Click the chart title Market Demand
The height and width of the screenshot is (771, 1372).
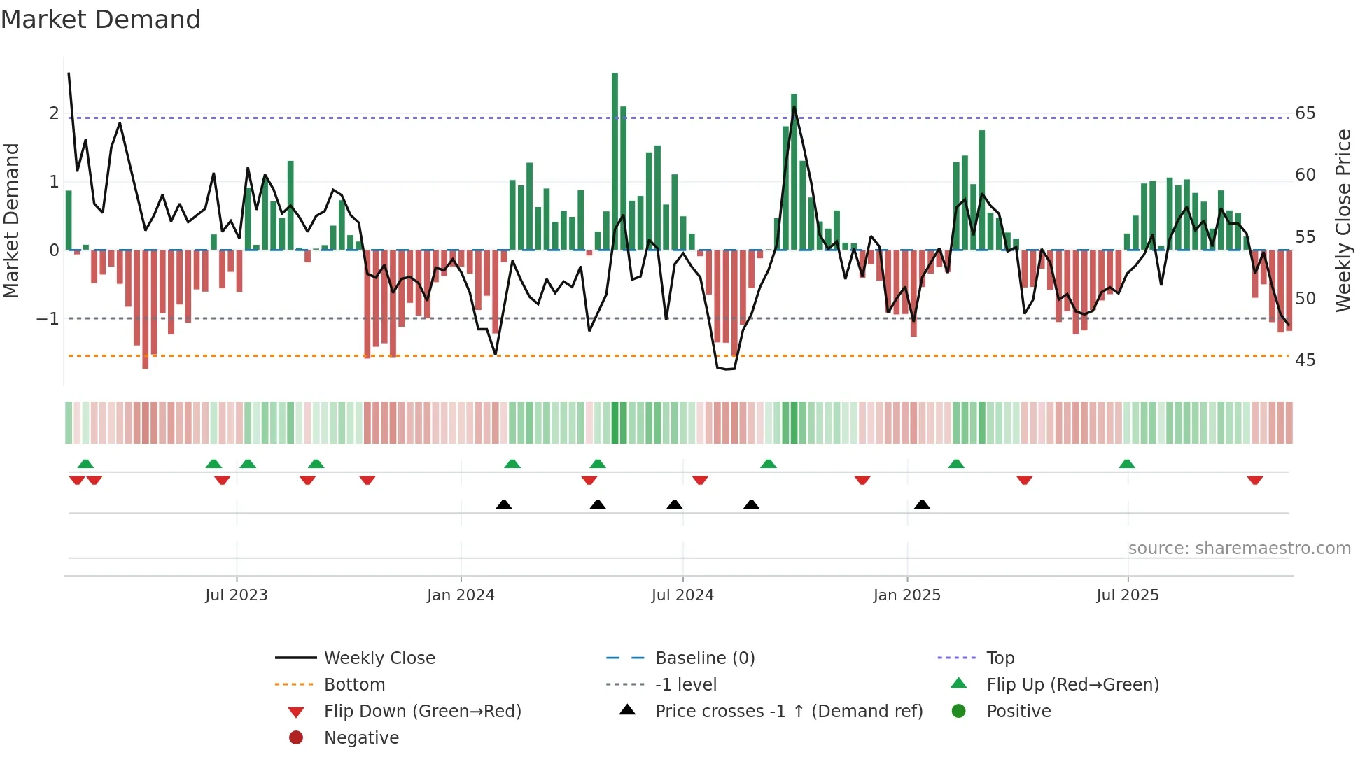(101, 20)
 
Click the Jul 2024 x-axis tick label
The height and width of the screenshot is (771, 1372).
(682, 595)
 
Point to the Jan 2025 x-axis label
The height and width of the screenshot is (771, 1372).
(906, 595)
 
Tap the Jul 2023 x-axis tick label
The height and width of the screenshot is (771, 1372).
(237, 595)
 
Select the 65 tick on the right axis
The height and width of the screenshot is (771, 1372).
(1305, 113)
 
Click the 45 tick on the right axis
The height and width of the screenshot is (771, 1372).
(1305, 360)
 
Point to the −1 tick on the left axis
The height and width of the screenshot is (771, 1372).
(48, 319)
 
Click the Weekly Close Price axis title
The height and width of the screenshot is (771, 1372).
(1343, 220)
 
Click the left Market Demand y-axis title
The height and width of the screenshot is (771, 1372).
(12, 220)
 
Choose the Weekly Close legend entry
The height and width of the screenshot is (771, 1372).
(379, 658)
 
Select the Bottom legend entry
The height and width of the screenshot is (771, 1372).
(354, 685)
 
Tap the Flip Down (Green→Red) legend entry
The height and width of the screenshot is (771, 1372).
(422, 712)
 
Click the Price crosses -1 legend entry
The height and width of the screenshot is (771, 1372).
(788, 712)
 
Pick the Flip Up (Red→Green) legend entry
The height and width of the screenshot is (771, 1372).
(1072, 685)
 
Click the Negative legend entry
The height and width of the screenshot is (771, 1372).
(361, 738)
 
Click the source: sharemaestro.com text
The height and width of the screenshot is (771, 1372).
(1239, 549)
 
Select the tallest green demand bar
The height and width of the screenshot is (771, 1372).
(615, 161)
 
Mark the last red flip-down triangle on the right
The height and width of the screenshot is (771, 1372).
(1254, 481)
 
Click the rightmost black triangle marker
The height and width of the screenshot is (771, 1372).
(922, 504)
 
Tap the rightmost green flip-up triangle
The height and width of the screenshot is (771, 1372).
(1126, 464)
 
